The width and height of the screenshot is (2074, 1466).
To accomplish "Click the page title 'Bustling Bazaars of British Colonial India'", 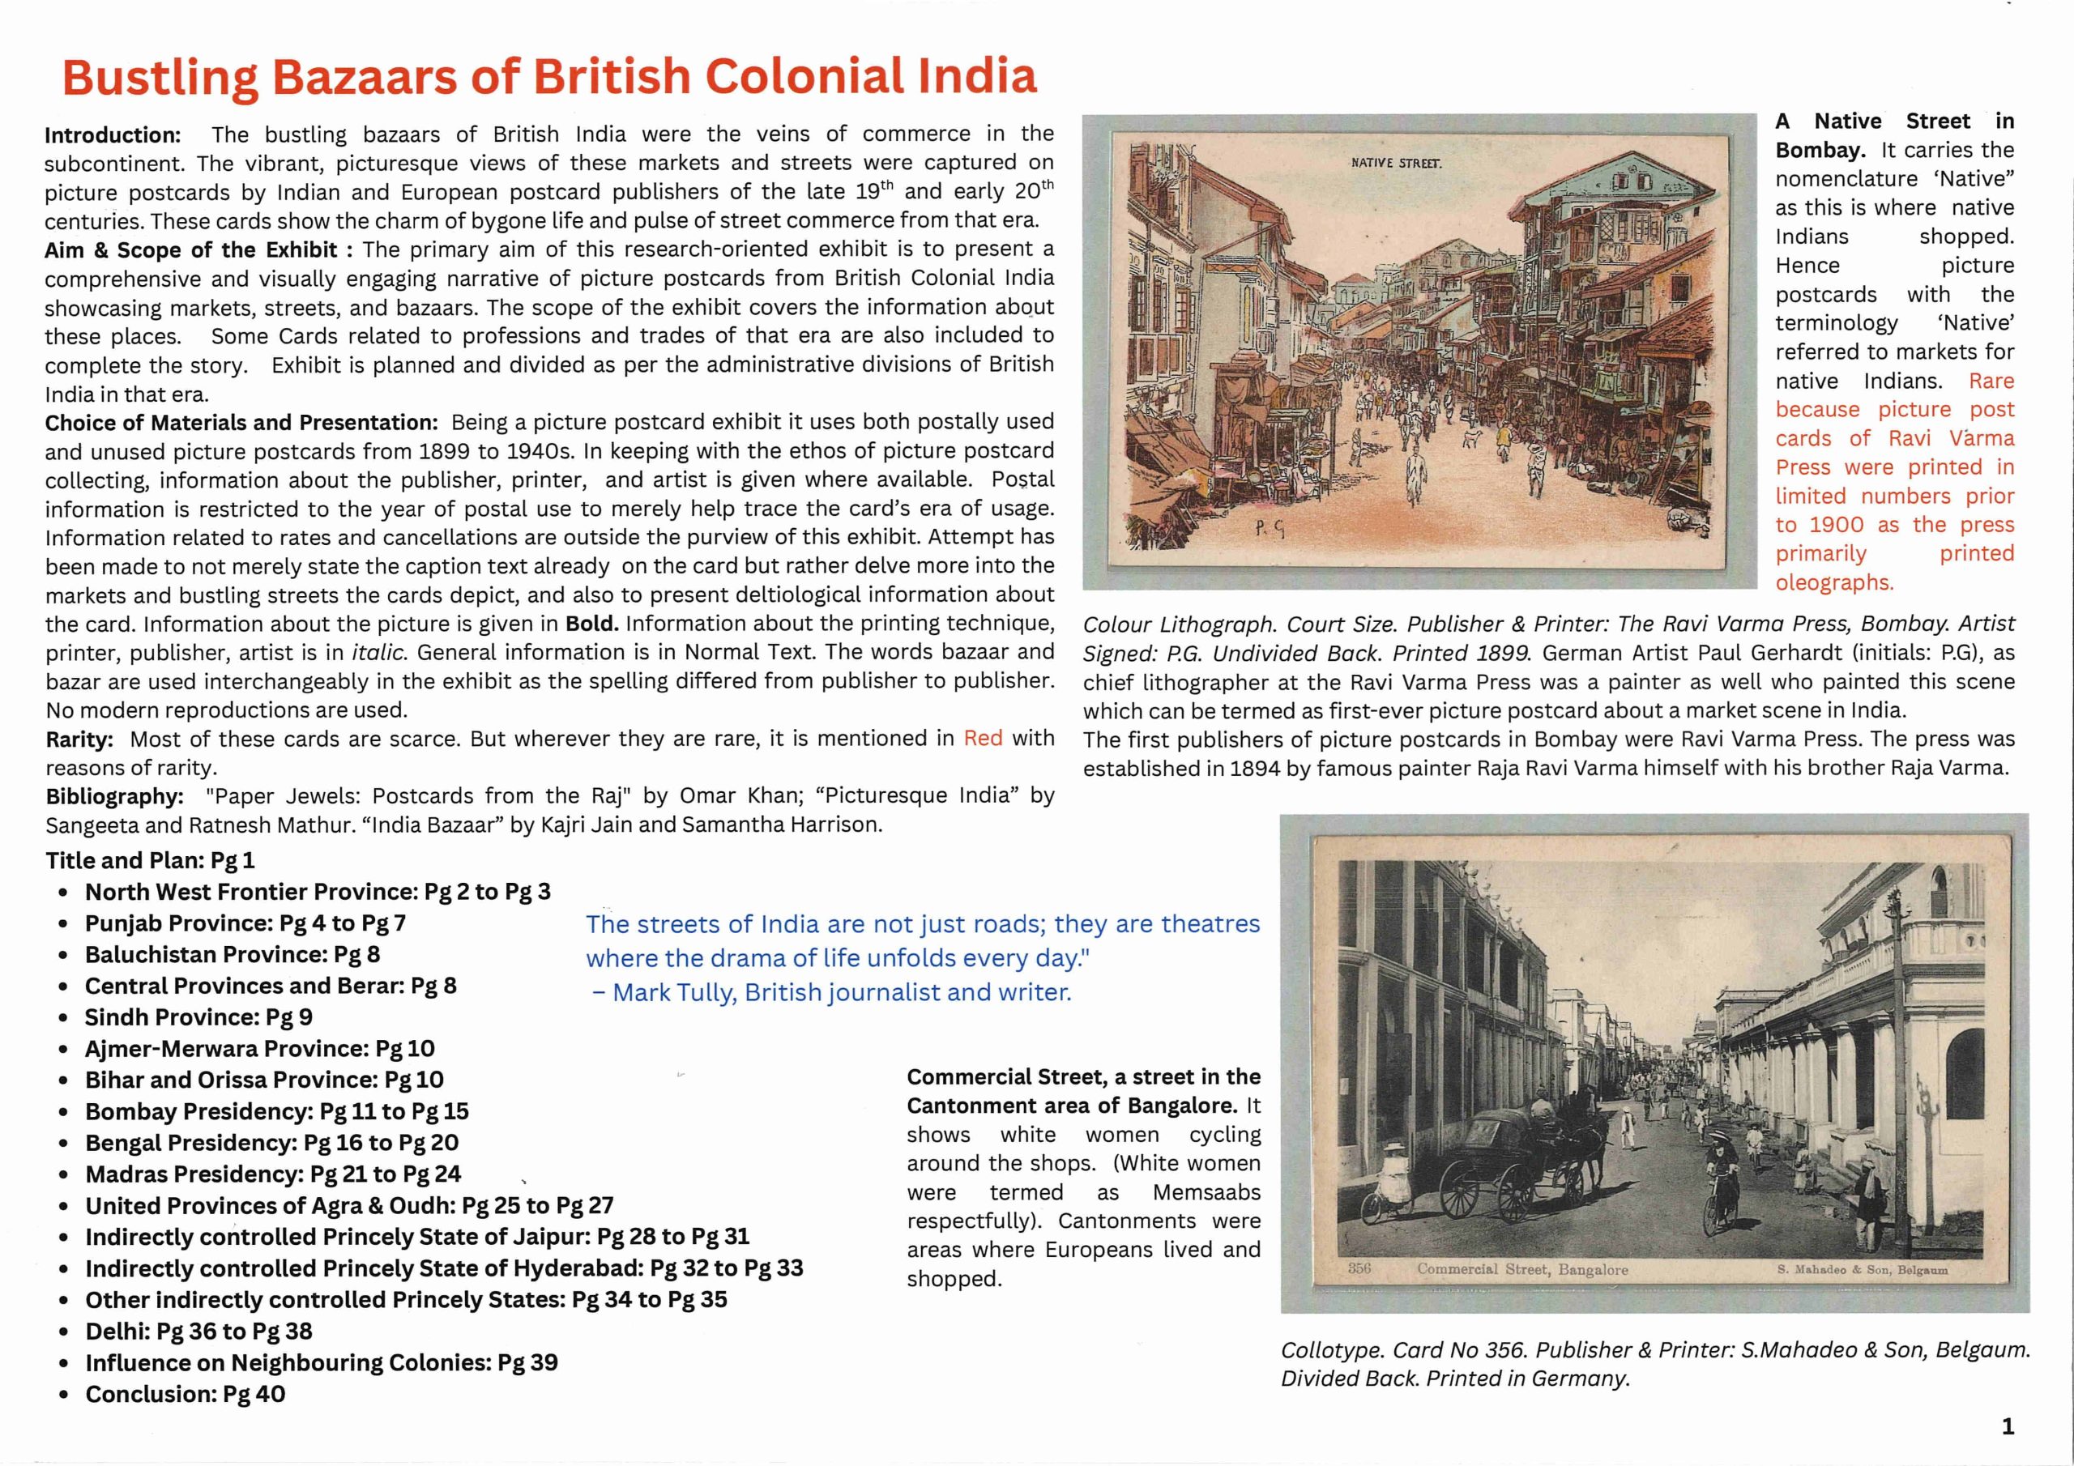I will [x=549, y=77].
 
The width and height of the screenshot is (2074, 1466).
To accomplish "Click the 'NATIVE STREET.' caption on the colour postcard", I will [x=1396, y=164].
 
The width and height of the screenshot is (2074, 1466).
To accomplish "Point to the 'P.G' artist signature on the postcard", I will [x=1270, y=531].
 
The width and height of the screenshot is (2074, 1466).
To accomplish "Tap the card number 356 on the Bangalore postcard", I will [x=1359, y=1268].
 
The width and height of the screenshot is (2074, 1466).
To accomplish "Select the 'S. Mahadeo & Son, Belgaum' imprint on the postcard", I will [x=1862, y=1269].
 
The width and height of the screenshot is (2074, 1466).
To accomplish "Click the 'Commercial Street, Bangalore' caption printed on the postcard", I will [x=1522, y=1269].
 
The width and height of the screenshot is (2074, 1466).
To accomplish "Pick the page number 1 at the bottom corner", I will [x=2007, y=1426].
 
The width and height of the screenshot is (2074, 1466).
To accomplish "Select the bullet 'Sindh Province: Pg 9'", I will [x=198, y=1017].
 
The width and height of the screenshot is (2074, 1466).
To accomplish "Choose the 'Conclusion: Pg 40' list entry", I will [x=186, y=1394].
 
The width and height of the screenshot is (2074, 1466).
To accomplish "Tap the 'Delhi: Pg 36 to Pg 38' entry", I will [x=198, y=1331].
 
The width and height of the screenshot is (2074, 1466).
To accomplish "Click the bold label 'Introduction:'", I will [x=113, y=135].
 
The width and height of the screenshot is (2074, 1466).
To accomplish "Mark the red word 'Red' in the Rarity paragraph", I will [x=983, y=738].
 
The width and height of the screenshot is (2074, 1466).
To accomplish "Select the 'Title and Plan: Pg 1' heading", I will [x=150, y=860].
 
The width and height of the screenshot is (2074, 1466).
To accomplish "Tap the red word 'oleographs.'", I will [x=1833, y=582].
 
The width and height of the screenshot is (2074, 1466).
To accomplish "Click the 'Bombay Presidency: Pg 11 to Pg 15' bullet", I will [x=276, y=1111].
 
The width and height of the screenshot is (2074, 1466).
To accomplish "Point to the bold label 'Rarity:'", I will [x=79, y=739].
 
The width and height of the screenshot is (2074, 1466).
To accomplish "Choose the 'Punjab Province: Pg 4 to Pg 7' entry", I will [x=245, y=923].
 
